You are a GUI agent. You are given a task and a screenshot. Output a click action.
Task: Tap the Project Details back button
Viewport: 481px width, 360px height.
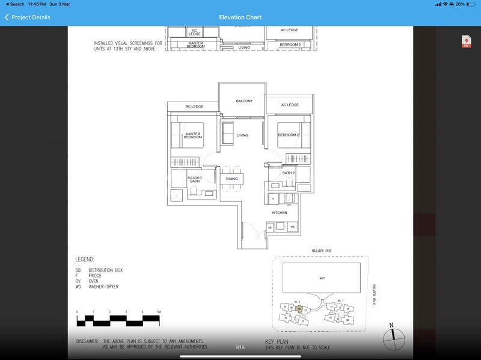point(27,17)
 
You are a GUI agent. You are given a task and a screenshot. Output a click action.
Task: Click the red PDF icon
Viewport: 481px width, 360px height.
point(467,41)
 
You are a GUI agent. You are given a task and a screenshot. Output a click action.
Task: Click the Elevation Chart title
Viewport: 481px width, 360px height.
point(240,17)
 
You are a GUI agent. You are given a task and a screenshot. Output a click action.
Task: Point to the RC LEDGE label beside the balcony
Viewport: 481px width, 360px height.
point(194,106)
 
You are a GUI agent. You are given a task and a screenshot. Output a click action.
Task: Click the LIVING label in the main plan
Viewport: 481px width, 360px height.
point(242,135)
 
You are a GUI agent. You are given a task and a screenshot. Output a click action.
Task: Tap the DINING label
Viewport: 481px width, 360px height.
point(232,179)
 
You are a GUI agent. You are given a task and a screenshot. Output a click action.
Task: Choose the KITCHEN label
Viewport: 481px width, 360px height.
point(279,213)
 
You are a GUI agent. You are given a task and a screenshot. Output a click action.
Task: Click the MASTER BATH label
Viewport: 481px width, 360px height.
point(194,179)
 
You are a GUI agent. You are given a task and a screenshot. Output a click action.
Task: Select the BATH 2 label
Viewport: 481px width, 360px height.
point(289,173)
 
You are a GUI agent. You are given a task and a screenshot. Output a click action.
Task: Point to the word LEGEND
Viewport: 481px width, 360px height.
point(85,260)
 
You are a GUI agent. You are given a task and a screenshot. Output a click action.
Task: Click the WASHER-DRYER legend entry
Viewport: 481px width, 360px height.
point(103,287)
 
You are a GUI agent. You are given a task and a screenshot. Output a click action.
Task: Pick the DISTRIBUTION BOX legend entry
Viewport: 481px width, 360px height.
point(105,270)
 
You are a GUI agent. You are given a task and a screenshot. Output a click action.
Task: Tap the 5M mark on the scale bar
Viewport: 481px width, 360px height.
point(159,312)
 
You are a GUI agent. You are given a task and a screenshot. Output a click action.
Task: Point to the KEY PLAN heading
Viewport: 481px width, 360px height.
point(277,341)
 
